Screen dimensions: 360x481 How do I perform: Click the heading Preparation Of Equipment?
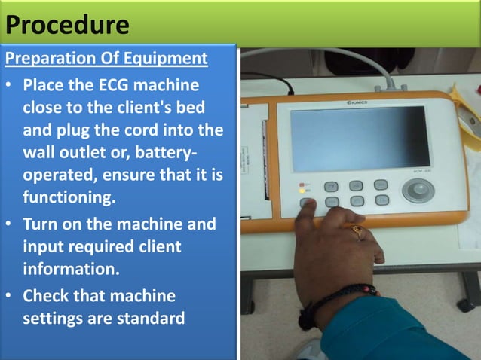coord(106,59)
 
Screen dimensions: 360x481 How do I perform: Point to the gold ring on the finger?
coord(357,232)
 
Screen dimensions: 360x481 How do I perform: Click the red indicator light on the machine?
coord(302,185)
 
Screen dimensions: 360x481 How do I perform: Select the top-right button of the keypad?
coord(381,185)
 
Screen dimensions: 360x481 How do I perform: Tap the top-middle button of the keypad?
coord(356,185)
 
